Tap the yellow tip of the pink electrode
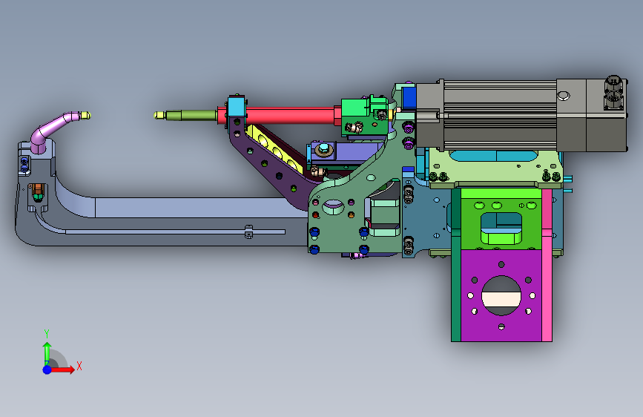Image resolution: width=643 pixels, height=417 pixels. click(85, 115)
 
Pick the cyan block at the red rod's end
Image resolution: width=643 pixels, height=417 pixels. click(236, 107)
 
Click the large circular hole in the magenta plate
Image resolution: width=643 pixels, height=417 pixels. click(501, 295)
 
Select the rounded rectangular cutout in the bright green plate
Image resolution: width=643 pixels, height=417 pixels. click(501, 229)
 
